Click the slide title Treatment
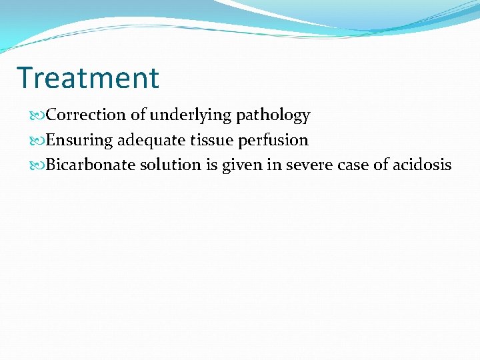(88, 77)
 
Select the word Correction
(87, 115)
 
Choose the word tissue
(209, 140)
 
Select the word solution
(170, 165)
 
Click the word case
(354, 165)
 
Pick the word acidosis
(423, 165)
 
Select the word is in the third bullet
(211, 165)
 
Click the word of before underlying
(138, 115)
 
